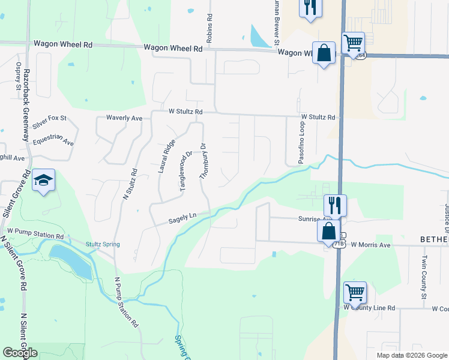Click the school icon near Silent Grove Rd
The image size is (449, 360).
44,180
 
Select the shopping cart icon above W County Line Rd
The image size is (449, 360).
355,293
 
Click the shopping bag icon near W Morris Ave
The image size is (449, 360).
329,230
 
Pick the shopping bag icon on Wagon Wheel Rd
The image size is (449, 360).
324,53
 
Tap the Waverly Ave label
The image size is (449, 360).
124,118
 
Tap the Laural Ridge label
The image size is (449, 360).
166,156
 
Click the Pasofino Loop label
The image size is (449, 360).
302,144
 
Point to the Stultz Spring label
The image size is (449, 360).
102,244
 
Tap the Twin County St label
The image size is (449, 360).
424,278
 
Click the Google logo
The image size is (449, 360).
20,353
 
